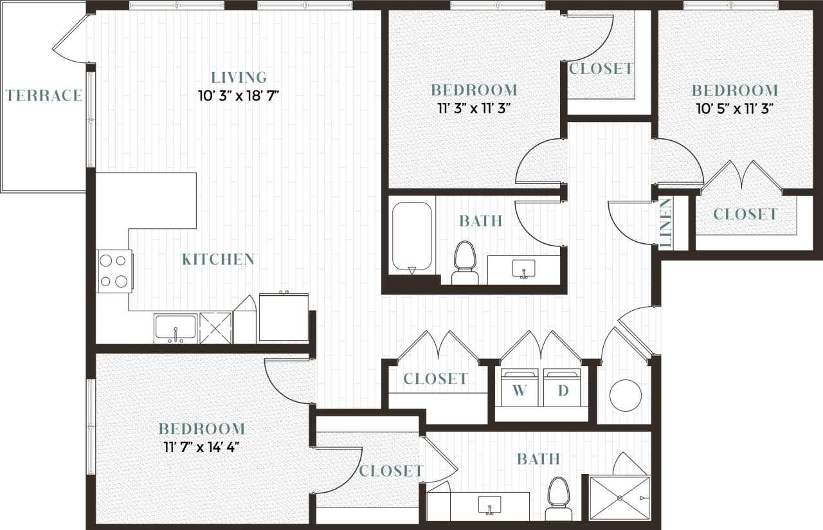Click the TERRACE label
44,96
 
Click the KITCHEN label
218,260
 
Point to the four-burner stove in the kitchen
114,271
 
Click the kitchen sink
175,328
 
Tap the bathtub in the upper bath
412,236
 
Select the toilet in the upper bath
464,262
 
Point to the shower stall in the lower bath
620,497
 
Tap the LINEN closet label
666,223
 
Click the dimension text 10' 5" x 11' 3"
734,107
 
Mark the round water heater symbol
625,395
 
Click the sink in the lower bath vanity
489,506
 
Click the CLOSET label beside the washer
435,379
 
